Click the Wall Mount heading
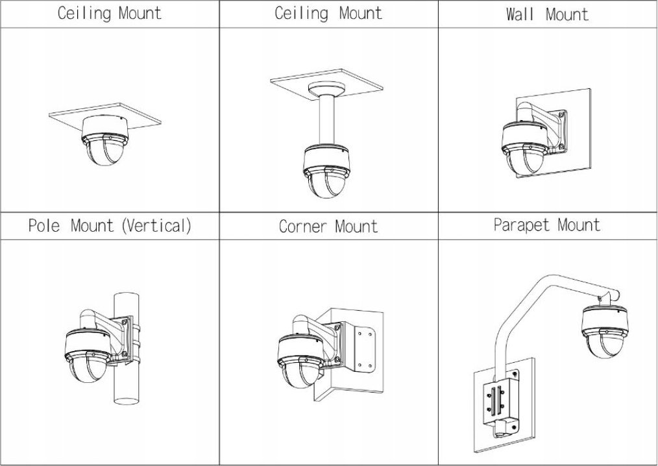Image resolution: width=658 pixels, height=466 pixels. pyautogui.click(x=547, y=14)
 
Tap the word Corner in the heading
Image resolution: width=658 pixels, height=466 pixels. pyautogui.click(x=304, y=227)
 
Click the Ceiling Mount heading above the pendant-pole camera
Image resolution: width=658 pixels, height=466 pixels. pyautogui.click(x=328, y=14)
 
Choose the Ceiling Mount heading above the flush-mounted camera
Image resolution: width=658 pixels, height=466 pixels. pyautogui.click(x=109, y=14)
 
